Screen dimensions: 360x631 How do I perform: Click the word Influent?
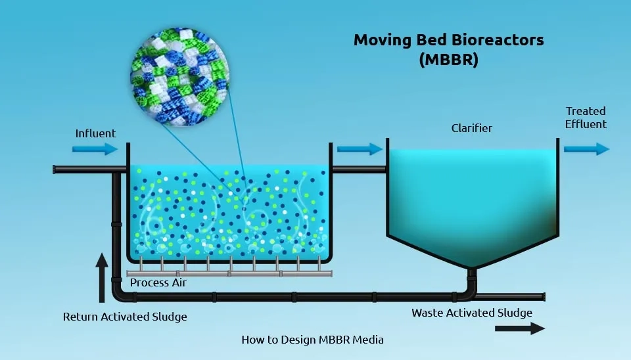(x=95, y=133)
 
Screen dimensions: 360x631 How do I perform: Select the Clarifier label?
(x=471, y=128)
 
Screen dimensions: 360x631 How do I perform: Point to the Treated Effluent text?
(x=586, y=118)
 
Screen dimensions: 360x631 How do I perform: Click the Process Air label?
(x=158, y=282)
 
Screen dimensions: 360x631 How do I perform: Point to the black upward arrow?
(x=101, y=276)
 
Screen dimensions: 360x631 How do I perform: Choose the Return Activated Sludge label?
(x=125, y=317)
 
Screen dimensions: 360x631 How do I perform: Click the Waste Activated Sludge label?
(x=472, y=313)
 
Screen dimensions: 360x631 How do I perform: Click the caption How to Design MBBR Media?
(x=312, y=340)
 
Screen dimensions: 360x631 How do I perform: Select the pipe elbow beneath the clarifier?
(x=471, y=289)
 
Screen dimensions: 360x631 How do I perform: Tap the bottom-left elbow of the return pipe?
(x=118, y=291)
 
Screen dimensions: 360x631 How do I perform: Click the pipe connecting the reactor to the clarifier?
(x=358, y=169)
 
